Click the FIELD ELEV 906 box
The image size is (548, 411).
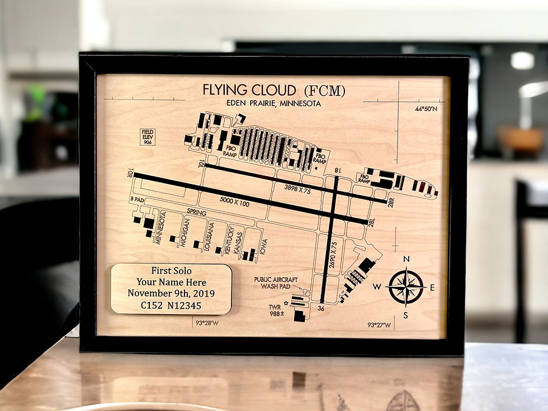tap(148, 136)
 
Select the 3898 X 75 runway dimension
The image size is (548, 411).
tap(297, 189)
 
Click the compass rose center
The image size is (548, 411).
tap(407, 287)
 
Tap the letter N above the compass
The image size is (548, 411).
tap(407, 259)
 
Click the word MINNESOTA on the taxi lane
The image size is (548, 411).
tap(160, 228)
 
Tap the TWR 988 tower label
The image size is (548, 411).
tap(276, 311)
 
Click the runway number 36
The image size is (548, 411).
tap(320, 308)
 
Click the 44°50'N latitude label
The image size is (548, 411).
tap(426, 109)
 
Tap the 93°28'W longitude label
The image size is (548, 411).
tap(207, 323)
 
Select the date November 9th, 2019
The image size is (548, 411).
tap(171, 293)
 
